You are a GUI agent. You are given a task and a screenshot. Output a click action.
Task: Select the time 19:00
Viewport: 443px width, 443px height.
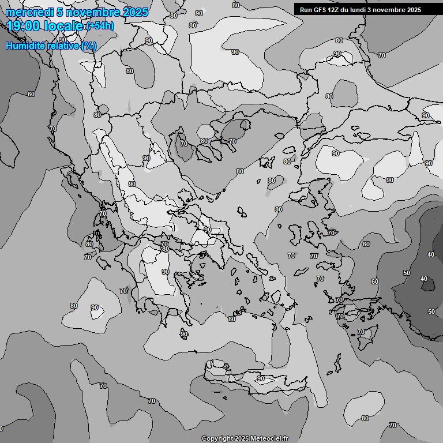(x=24, y=26)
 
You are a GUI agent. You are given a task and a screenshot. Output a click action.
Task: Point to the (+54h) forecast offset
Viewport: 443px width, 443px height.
(x=100, y=26)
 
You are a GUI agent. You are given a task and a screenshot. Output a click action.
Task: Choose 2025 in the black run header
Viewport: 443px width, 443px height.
(x=412, y=10)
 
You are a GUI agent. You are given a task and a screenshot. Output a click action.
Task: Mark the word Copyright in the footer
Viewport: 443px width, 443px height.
(x=217, y=438)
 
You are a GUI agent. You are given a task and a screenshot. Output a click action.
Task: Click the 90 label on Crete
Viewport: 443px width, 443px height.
(x=261, y=378)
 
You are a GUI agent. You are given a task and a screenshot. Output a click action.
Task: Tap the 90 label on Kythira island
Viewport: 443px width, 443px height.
(x=184, y=334)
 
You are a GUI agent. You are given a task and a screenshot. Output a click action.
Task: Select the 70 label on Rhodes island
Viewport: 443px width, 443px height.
(x=361, y=332)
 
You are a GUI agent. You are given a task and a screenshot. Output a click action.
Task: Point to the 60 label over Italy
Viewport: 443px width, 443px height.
(x=31, y=94)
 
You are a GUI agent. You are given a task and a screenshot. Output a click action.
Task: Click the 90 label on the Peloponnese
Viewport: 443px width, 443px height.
(x=166, y=272)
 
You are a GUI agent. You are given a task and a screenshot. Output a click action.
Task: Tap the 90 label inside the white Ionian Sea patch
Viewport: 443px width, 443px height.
(x=95, y=307)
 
